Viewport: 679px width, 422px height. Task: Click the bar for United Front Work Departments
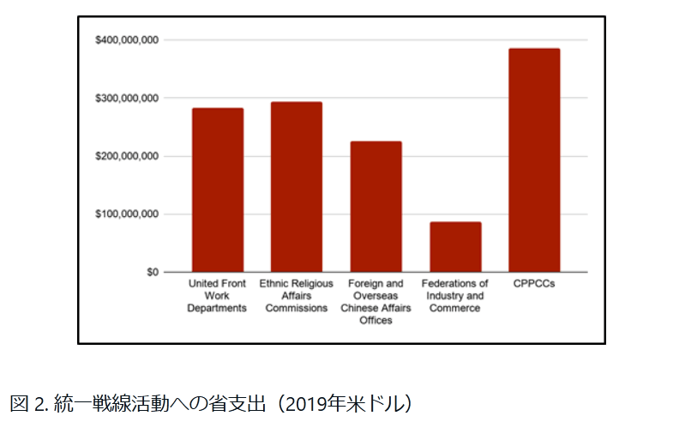coord(217,190)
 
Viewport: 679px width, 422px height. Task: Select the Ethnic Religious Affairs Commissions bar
coord(296,187)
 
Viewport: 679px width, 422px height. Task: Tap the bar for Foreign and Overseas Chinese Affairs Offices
coord(376,207)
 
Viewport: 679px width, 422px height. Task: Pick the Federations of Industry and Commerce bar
coord(455,247)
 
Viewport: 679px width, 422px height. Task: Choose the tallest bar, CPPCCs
coord(534,160)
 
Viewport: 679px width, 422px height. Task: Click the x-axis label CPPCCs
coord(535,284)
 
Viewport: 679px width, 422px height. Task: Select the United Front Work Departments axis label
coord(217,296)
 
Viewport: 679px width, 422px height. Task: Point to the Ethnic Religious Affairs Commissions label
coord(296,296)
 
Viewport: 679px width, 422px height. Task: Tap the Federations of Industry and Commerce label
coord(455,296)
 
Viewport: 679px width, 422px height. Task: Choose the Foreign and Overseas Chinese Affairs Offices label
coord(376,302)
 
